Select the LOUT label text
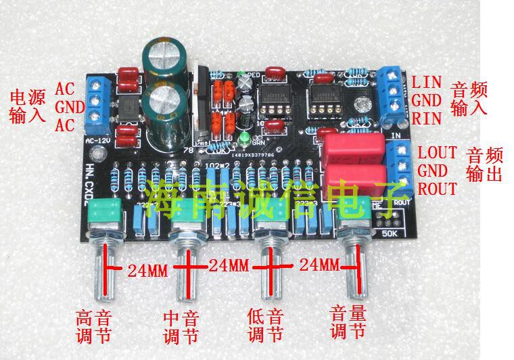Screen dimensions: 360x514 437,152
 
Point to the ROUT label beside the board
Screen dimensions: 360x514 437,188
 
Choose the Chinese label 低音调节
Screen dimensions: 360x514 266,325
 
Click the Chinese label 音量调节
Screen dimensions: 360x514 348,322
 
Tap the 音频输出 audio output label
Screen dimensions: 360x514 484,164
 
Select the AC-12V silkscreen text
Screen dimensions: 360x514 98,141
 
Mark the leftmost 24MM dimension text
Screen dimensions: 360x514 147,271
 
